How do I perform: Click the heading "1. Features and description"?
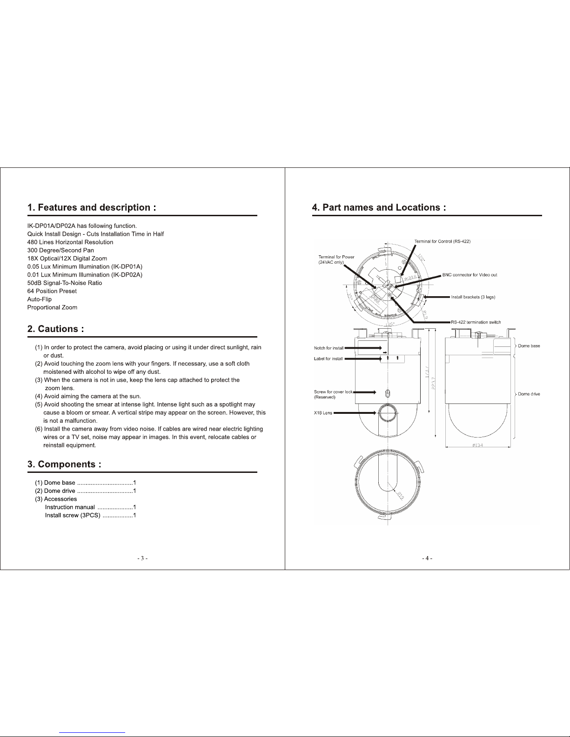(x=91, y=207)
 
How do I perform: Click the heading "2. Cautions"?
(x=55, y=329)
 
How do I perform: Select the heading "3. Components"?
(x=64, y=464)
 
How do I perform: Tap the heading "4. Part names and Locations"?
(x=379, y=207)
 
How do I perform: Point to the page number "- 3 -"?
(x=142, y=558)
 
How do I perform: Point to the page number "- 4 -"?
(x=427, y=558)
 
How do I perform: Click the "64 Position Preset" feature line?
(x=52, y=291)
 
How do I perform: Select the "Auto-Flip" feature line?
(x=40, y=299)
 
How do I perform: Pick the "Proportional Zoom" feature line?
(x=52, y=307)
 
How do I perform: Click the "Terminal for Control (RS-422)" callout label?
(x=443, y=241)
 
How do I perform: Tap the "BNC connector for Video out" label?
(x=469, y=275)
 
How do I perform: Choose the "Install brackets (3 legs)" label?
(x=473, y=297)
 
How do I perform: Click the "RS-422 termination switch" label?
(x=476, y=322)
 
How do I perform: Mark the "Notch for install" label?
(x=329, y=348)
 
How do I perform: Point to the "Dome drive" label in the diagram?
(x=529, y=394)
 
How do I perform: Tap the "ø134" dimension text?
(x=477, y=445)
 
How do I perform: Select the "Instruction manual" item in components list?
(x=70, y=507)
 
